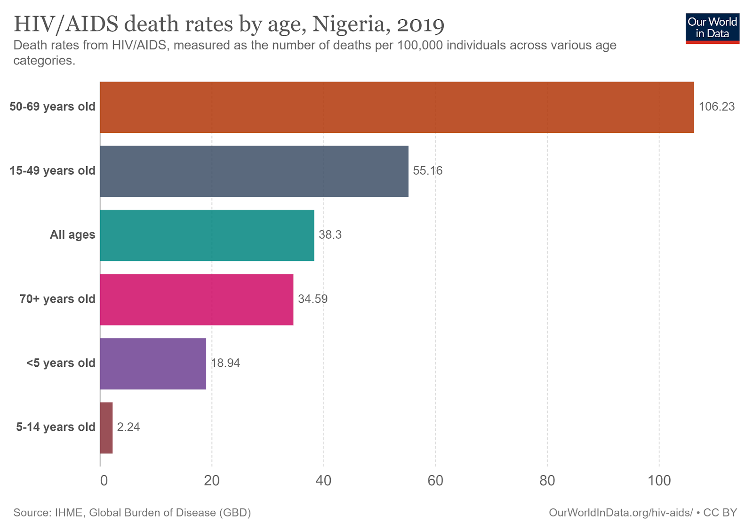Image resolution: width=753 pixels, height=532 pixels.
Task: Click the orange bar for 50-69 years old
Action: pos(397,107)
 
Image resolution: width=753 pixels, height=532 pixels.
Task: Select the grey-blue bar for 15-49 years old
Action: pos(254,171)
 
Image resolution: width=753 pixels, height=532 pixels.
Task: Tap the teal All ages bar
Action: pos(207,235)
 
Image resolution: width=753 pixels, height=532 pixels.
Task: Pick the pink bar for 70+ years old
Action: pos(197,299)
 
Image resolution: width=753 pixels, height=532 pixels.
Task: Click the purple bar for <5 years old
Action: pos(153,363)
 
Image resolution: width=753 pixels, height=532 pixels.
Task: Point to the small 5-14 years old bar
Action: pos(106,427)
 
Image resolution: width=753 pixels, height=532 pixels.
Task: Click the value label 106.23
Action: pos(716,107)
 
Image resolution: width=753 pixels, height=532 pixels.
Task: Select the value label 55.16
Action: pos(428,171)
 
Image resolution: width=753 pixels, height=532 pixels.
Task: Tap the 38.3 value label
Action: pos(330,235)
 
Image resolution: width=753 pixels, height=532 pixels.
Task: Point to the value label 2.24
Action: pos(128,427)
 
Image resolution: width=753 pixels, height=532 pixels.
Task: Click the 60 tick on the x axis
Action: pos(435,481)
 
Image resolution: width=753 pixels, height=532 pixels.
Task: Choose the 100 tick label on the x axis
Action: pos(659,481)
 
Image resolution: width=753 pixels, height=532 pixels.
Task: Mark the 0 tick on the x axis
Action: pos(104,481)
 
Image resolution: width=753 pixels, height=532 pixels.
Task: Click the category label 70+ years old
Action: pos(57,299)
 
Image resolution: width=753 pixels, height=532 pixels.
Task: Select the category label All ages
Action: pos(72,235)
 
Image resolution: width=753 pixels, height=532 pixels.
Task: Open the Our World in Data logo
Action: pos(712,28)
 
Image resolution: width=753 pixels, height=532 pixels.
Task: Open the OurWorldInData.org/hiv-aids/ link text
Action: pos(621,513)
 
